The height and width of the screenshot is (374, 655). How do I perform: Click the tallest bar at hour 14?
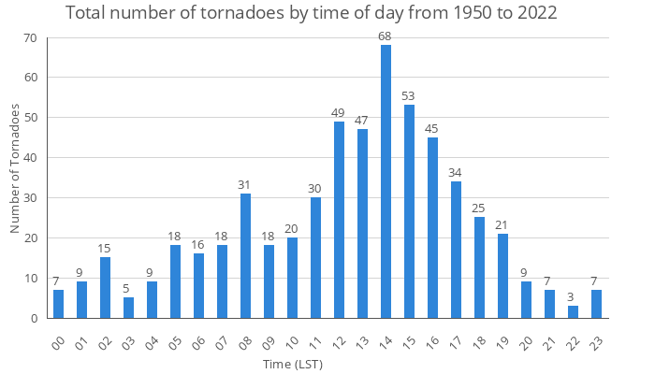(386, 181)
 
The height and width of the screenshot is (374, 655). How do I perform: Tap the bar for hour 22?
(573, 311)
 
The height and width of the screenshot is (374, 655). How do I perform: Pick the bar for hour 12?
(339, 220)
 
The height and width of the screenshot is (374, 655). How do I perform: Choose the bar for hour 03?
(128, 308)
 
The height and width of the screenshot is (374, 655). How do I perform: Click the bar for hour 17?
(456, 250)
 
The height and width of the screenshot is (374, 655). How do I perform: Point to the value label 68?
(386, 36)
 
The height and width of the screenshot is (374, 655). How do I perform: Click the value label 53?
(409, 95)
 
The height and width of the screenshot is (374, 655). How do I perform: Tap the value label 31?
(245, 184)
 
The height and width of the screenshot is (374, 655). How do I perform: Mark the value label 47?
(362, 120)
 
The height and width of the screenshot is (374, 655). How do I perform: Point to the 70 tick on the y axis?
(29, 37)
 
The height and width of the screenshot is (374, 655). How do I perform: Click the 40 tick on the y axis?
(29, 158)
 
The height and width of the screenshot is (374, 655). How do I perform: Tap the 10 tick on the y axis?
(29, 278)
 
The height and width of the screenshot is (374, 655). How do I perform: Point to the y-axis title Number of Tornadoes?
(15, 168)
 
